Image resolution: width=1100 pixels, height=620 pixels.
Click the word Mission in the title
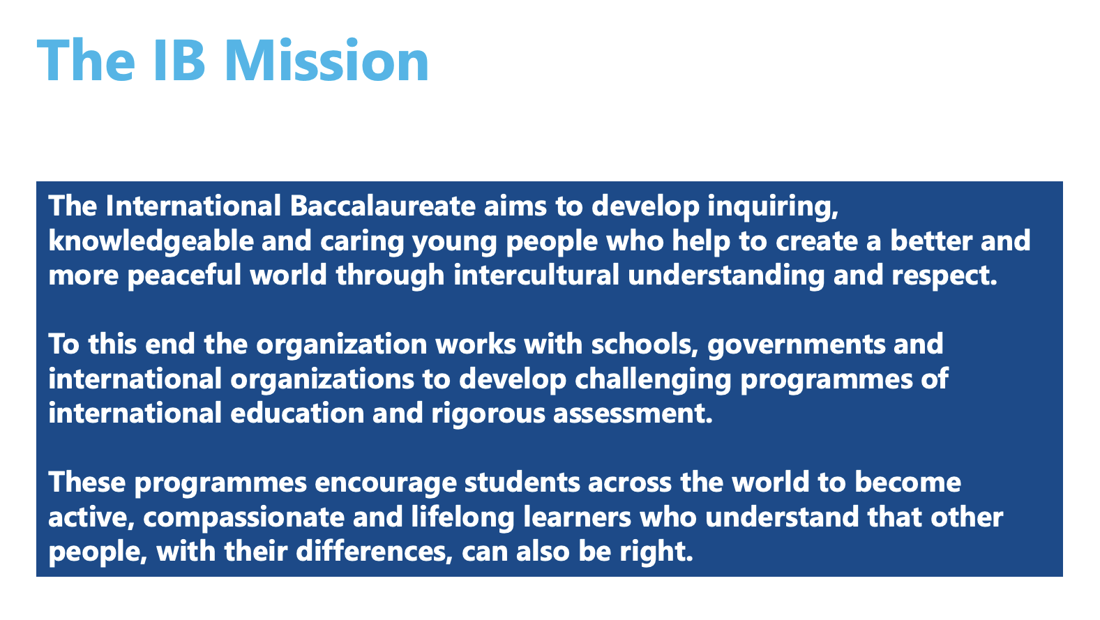coord(326,60)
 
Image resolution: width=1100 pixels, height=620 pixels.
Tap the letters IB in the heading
coord(179,60)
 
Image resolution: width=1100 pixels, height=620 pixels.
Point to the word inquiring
coord(772,207)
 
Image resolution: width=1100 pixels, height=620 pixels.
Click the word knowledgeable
coord(151,241)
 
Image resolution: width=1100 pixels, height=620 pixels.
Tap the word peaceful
coord(184,276)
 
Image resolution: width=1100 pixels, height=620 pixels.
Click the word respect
coord(944,276)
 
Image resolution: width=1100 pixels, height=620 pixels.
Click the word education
coord(297,413)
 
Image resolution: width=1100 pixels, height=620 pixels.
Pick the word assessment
coord(633,414)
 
